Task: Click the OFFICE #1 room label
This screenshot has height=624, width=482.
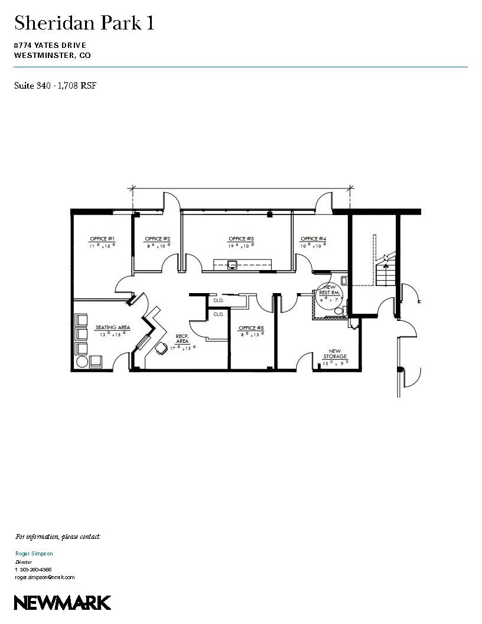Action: coord(102,239)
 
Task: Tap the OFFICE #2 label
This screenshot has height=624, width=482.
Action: coord(158,239)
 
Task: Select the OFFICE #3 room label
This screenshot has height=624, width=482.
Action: coord(241,239)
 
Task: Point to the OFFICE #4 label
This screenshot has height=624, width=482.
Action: coord(313,239)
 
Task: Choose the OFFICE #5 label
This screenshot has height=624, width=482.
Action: coord(247,328)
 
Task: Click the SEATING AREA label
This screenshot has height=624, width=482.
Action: coord(112,327)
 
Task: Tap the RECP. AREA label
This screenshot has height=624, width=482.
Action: coord(182,339)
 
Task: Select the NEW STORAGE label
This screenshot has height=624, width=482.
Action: coord(334,354)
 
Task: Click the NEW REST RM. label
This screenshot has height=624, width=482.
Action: coord(328,290)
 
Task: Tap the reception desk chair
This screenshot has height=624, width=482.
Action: coord(161,349)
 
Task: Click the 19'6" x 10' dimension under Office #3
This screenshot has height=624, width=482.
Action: coord(241,245)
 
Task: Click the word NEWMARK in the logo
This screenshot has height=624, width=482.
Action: coord(62,603)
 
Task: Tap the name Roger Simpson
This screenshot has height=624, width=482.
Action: coord(34,554)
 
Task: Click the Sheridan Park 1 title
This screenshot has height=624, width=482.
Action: coord(84,24)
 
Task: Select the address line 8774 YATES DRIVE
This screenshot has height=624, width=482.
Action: coord(51,45)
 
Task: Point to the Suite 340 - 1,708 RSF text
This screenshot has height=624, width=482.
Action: coord(55,86)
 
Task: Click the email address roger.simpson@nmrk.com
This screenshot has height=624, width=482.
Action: coord(45,577)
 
